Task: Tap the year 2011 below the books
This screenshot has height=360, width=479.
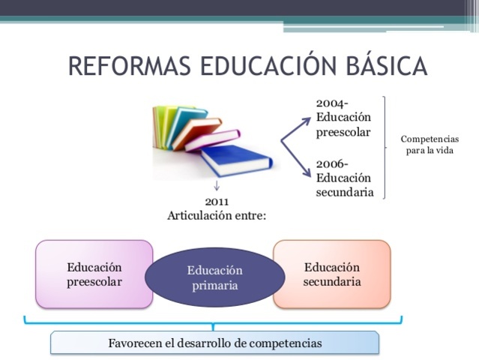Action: click(x=217, y=201)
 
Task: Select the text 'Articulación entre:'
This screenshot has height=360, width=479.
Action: click(x=217, y=215)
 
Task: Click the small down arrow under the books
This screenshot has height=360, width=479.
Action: click(x=217, y=186)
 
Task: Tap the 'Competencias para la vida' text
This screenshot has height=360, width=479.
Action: click(x=430, y=145)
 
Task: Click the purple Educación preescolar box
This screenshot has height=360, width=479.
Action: click(x=94, y=274)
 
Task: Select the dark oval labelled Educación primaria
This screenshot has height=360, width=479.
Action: click(x=215, y=277)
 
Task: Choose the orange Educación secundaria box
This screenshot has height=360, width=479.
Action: click(x=331, y=274)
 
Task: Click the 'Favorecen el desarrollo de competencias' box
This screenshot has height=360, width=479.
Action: click(x=214, y=343)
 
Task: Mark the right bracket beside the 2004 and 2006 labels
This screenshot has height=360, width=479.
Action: click(x=385, y=147)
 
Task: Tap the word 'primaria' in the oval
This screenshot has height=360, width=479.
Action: click(x=215, y=285)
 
